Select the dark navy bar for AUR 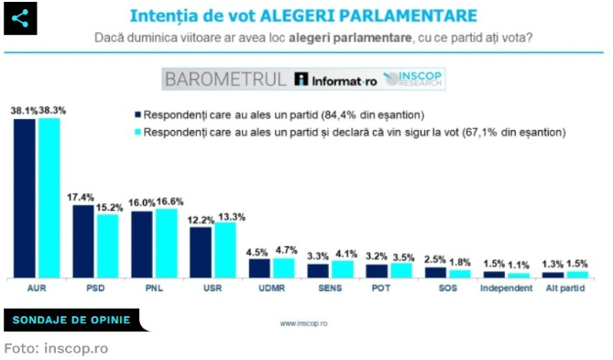coord(26,197)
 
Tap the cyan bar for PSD coord(107,245)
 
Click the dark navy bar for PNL coord(142,244)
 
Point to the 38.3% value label coord(51,110)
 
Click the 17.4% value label coord(83,197)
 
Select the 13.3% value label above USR coord(228,216)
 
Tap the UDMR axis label coord(271,289)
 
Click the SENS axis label coord(331,289)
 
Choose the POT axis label coord(389,289)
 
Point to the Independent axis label coord(507,289)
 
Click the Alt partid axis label coord(565,289)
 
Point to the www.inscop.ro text coord(306,322)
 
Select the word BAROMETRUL coord(225,80)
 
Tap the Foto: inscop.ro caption coord(56,348)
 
